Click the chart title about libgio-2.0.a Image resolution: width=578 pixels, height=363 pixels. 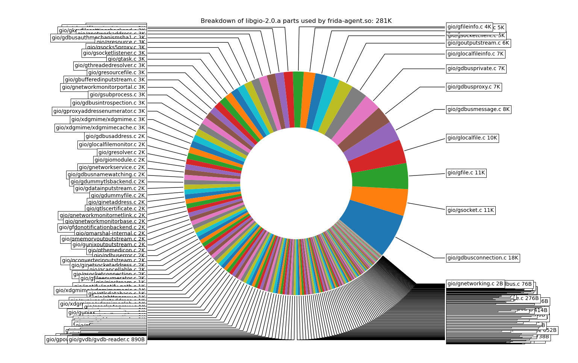296,21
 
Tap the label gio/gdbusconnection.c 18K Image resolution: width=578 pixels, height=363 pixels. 483,258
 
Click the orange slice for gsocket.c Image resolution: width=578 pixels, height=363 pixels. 380,201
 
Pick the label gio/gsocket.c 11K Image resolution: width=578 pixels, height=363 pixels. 471,210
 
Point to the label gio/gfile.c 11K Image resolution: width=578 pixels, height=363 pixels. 466,173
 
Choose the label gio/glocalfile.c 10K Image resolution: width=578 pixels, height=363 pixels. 472,138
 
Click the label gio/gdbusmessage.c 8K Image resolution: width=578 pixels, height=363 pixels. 478,109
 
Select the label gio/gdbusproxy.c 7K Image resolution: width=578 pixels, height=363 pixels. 474,87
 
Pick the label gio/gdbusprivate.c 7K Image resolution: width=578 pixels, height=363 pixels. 476,69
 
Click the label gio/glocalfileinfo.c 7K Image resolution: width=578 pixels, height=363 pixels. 475,54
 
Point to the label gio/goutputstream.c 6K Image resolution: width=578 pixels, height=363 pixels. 478,43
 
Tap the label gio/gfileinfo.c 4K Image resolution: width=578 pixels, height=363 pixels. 469,27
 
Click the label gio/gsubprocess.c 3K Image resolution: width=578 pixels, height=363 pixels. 117,94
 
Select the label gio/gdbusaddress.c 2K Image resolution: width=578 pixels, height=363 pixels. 115,136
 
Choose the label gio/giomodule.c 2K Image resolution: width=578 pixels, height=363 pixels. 120,160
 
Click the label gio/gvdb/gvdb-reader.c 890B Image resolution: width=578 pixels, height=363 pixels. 107,340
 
